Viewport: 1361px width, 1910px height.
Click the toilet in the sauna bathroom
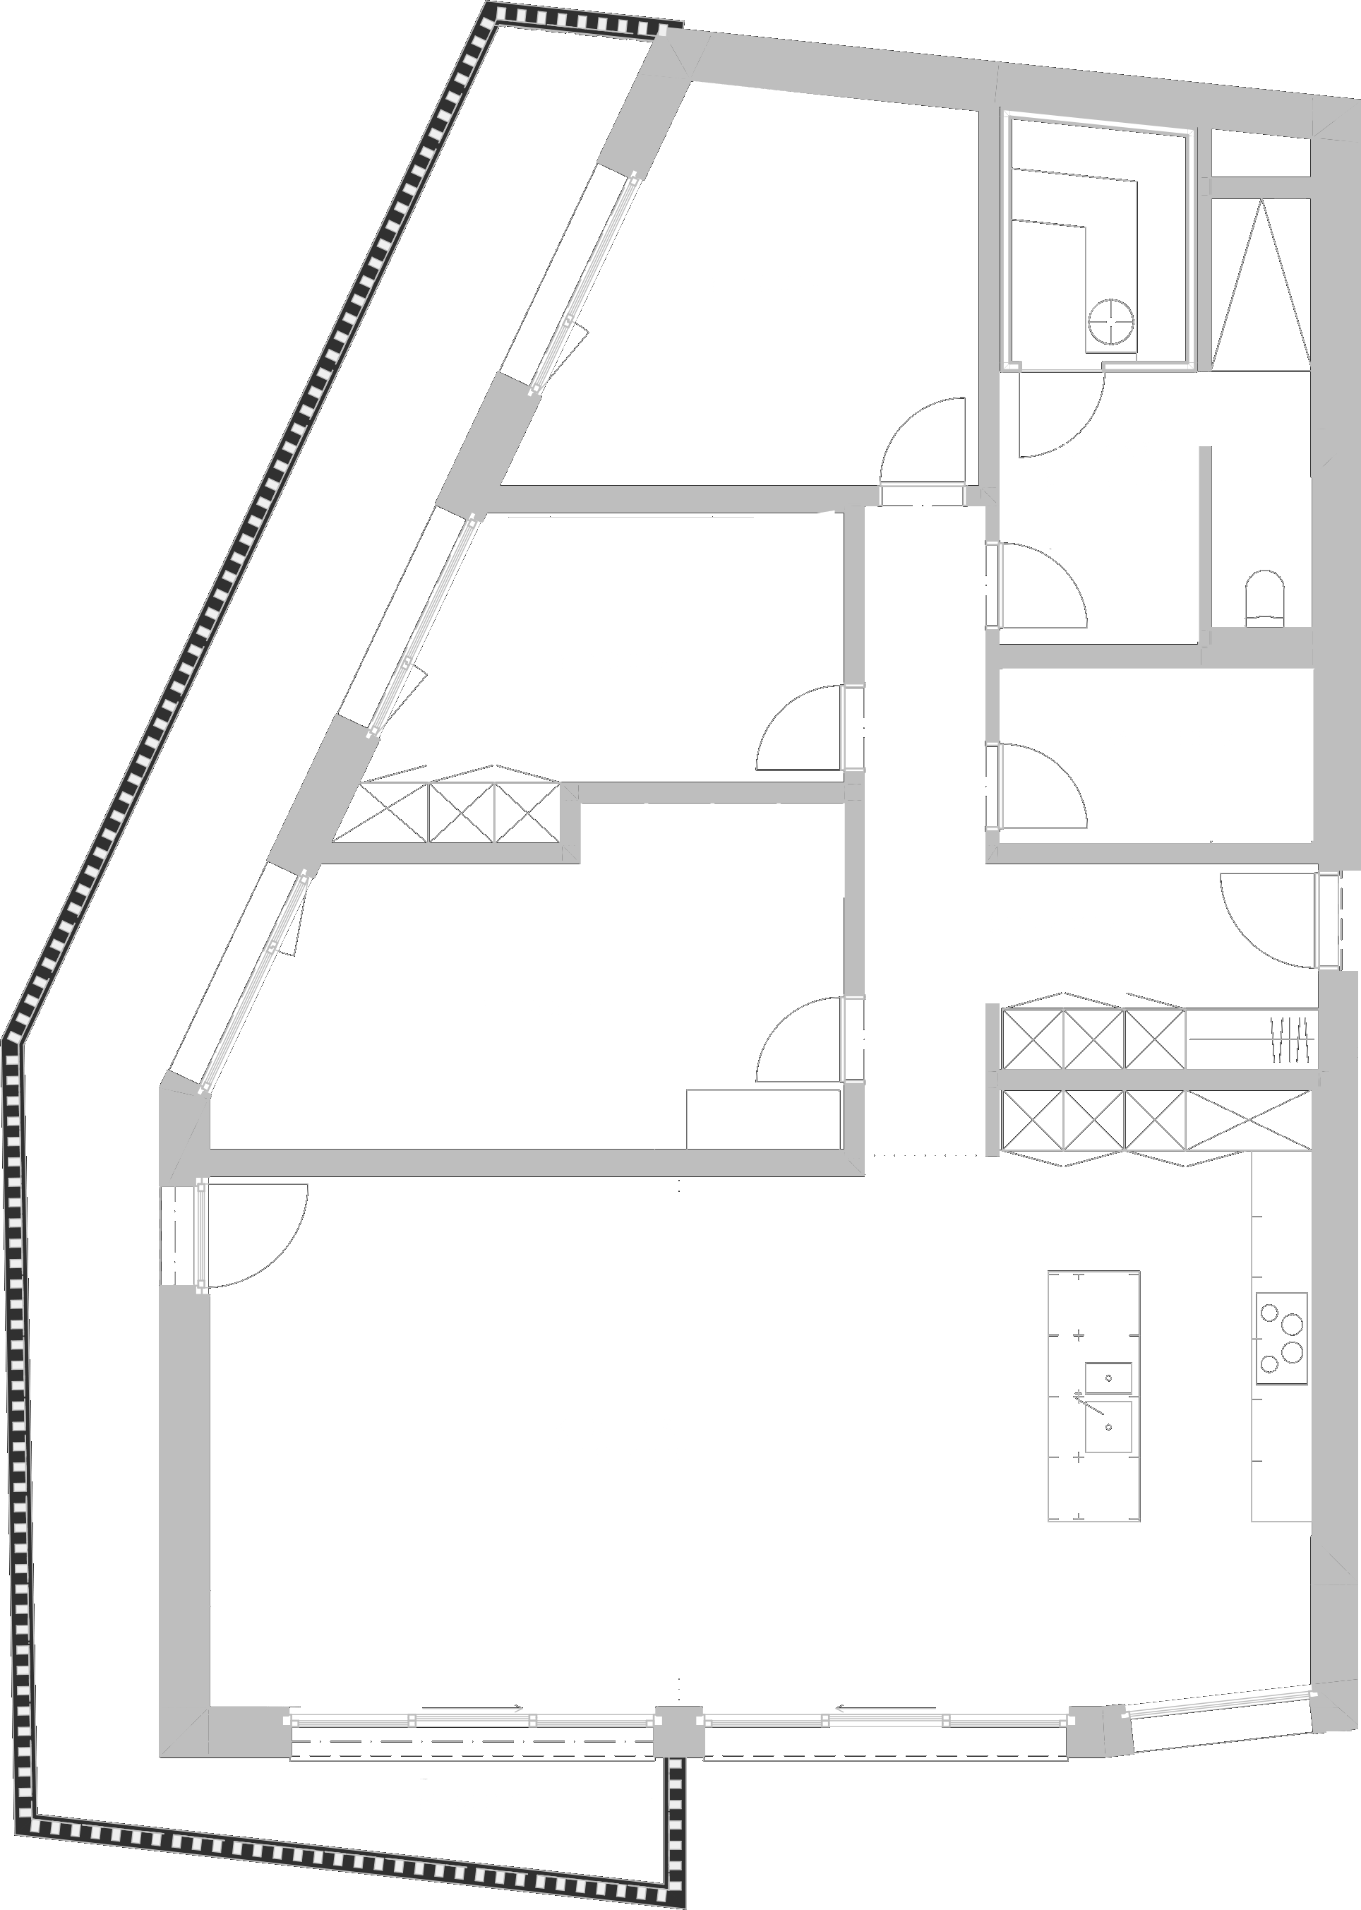tap(1264, 597)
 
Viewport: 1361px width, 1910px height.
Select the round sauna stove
tap(1111, 321)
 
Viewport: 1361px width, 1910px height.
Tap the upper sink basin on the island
tap(1108, 1378)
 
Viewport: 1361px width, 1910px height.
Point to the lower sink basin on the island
tap(1108, 1426)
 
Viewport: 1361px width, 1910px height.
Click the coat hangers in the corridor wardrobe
tap(1290, 1039)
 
